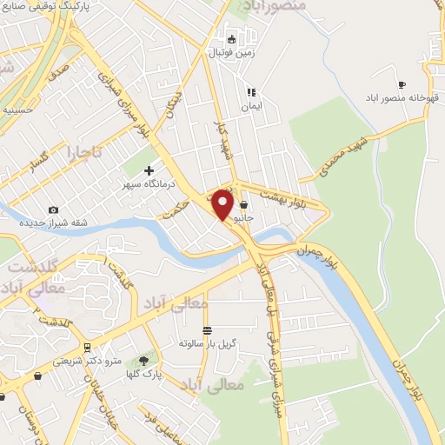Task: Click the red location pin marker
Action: (222, 203)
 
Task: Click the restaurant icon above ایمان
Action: (250, 91)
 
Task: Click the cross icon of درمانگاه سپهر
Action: (149, 170)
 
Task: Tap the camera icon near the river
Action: (54, 209)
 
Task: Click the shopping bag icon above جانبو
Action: (244, 205)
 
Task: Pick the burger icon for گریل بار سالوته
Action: (207, 330)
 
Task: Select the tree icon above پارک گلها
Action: (143, 360)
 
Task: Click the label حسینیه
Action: (17, 110)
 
